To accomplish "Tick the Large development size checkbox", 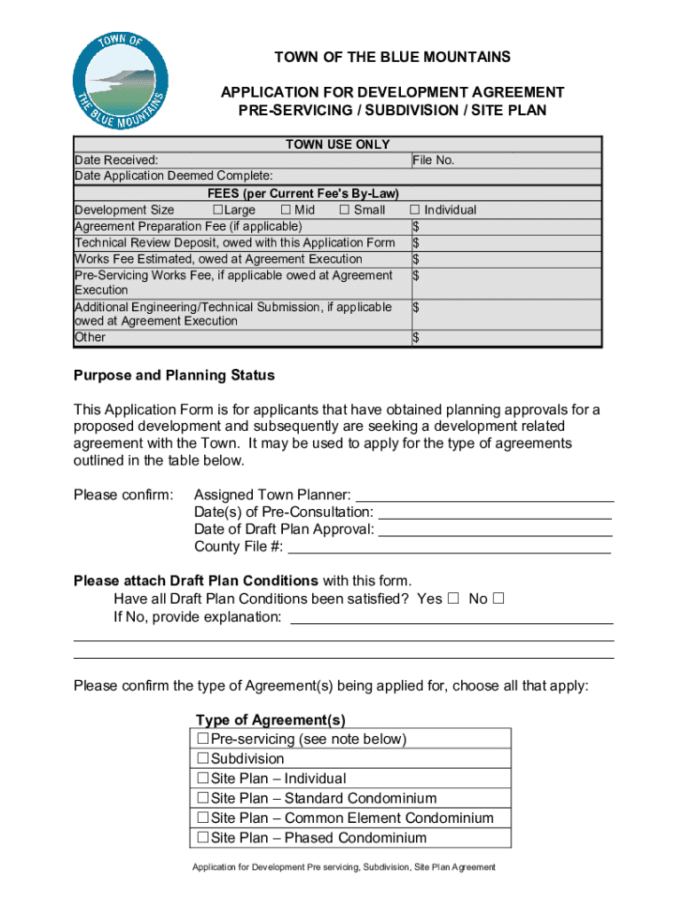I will [x=217, y=210].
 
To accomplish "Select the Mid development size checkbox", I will [x=285, y=210].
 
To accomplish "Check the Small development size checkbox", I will [x=344, y=210].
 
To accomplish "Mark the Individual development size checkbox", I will [x=414, y=210].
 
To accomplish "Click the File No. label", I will [x=434, y=160].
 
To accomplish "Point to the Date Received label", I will [x=116, y=160].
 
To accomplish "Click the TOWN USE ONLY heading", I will [x=337, y=145].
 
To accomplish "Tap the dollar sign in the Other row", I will [x=416, y=338].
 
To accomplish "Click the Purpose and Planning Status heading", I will [x=174, y=375].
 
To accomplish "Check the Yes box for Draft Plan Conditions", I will [x=453, y=599].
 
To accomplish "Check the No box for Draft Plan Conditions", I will [x=498, y=599].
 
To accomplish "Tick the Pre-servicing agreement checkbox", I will [x=202, y=739].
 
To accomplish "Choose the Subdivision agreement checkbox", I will [x=202, y=759].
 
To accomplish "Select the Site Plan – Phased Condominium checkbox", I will [x=202, y=838].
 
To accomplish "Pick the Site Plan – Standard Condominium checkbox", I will [x=202, y=798].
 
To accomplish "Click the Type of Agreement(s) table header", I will [x=271, y=719].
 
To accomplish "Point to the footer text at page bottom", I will [x=344, y=867].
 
